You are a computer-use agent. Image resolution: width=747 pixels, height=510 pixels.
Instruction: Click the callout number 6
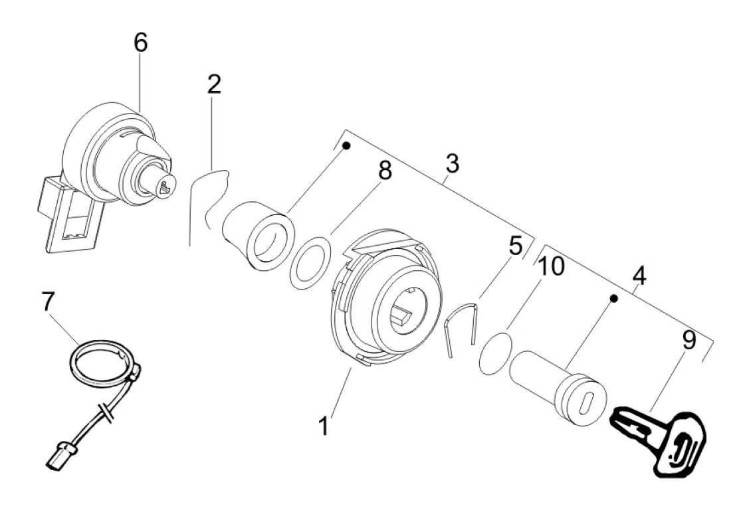[x=140, y=43]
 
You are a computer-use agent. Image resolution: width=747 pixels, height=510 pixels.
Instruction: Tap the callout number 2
[x=215, y=84]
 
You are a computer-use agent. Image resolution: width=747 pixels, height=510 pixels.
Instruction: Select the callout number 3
[x=452, y=163]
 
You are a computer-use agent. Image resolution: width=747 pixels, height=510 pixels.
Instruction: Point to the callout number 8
[x=385, y=171]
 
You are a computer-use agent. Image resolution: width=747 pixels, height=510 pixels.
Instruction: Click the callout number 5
[x=516, y=246]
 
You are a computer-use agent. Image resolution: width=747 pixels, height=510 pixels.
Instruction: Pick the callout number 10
[x=551, y=267]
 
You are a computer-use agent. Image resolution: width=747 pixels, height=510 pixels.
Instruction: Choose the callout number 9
[x=689, y=340]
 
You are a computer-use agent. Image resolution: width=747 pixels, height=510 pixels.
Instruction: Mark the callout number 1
[x=324, y=426]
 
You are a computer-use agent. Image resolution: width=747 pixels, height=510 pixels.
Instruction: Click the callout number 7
[x=48, y=301]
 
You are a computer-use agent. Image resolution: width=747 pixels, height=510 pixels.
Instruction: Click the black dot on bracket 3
[x=347, y=145]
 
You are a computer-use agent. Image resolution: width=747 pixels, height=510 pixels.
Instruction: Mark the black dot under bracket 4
[x=614, y=298]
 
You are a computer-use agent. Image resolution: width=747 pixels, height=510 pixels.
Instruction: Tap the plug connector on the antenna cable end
[x=60, y=455]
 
